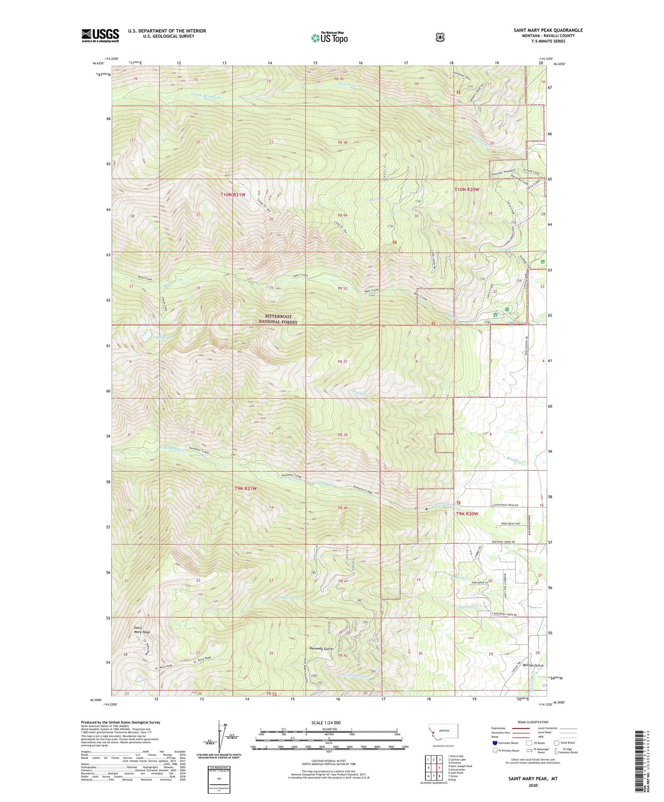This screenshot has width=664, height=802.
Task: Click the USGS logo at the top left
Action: (x=100, y=35)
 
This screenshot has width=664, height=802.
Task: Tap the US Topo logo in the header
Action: (x=329, y=37)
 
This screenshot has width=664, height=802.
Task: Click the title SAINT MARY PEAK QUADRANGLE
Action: (x=548, y=30)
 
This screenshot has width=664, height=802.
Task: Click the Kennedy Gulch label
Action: (x=321, y=649)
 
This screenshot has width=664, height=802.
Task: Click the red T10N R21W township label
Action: (x=233, y=195)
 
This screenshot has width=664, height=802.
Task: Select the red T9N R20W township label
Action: (x=467, y=514)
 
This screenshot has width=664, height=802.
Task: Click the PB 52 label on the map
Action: (x=342, y=288)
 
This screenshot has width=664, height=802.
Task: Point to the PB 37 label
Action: (x=342, y=361)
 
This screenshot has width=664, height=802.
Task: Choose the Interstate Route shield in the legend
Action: (x=494, y=742)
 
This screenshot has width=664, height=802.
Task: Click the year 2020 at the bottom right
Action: (x=533, y=785)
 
